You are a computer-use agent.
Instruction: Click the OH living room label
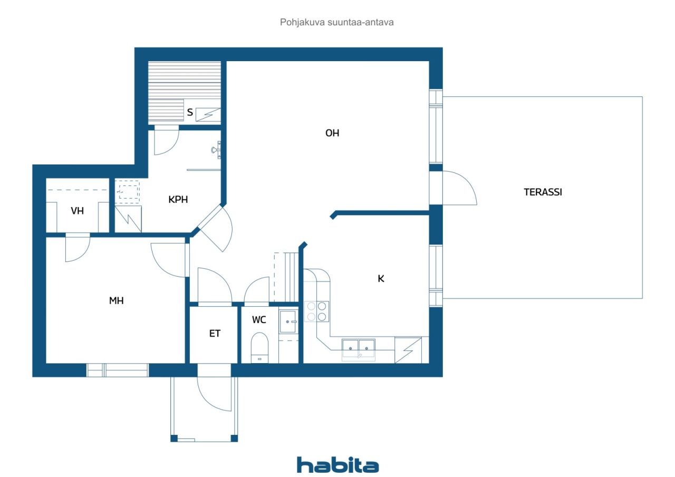pos(332,133)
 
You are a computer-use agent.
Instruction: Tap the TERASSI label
pos(543,192)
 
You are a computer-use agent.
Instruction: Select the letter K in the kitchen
pos(381,279)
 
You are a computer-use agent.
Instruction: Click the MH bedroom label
pos(116,300)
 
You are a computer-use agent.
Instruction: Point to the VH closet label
pos(78,211)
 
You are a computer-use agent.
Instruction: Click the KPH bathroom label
pos(178,200)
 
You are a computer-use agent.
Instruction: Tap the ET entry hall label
pos(215,334)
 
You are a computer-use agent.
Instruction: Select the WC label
pos(259,320)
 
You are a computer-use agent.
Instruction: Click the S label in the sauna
pos(190,112)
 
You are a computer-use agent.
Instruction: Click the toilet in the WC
pos(259,348)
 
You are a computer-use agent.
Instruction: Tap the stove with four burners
pos(316,311)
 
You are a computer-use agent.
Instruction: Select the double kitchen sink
pos(359,347)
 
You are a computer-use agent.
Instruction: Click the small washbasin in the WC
pos(288,321)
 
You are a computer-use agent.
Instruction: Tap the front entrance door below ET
pos(214,393)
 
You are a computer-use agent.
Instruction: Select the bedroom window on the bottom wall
pos(118,370)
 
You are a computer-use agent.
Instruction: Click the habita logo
pos(337,465)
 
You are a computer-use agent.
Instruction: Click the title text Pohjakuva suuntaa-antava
pos(337,23)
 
